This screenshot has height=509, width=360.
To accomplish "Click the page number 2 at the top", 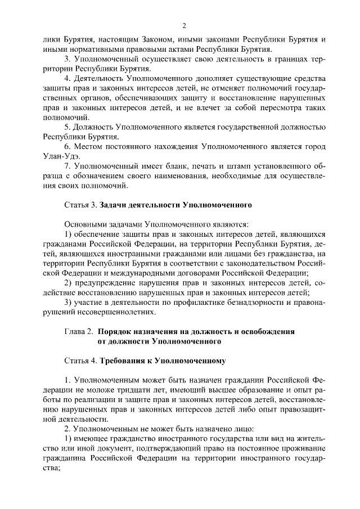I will tap(184, 26).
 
